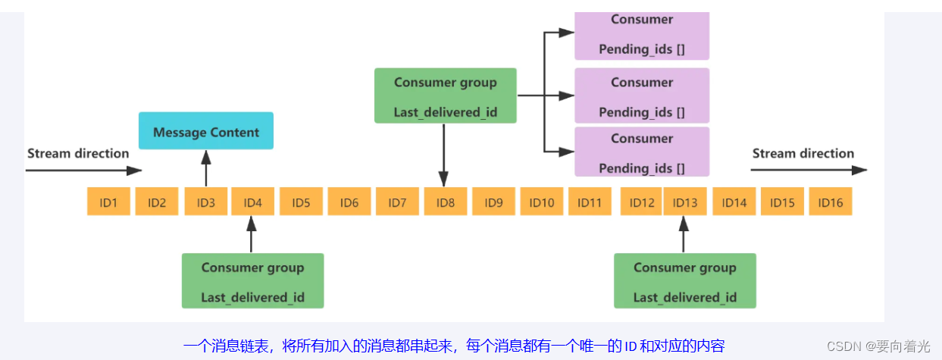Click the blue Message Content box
206,131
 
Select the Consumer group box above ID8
446,95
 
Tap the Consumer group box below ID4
253,280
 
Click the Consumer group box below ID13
685,280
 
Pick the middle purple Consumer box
642,95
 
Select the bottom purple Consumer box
642,152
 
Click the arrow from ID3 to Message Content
206,168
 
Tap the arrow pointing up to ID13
684,234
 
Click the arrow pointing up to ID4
252,234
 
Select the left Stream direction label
78,154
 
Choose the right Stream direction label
803,154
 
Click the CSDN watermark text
878,346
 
